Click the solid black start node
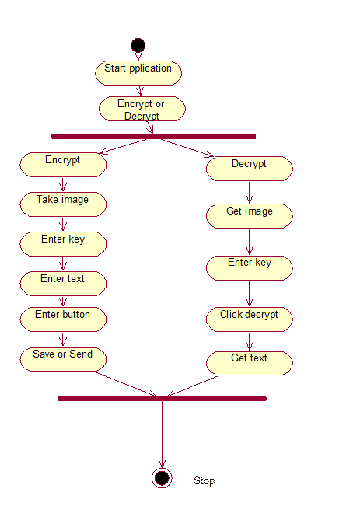[x=138, y=45]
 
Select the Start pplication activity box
[x=138, y=73]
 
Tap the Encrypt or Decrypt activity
[x=142, y=109]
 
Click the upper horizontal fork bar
[x=153, y=137]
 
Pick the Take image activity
[x=63, y=204]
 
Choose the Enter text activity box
[x=63, y=284]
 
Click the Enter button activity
[x=63, y=319]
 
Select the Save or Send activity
[x=63, y=360]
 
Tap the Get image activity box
[x=250, y=216]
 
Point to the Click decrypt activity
[x=250, y=319]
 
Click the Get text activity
[x=250, y=363]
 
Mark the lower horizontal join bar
[x=162, y=399]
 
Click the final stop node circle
[x=162, y=478]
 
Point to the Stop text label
[x=204, y=481]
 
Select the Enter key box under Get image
[x=250, y=268]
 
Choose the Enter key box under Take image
[x=63, y=244]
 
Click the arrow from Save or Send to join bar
[x=126, y=385]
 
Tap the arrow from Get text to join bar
[x=192, y=386]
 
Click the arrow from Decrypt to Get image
[x=250, y=193]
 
